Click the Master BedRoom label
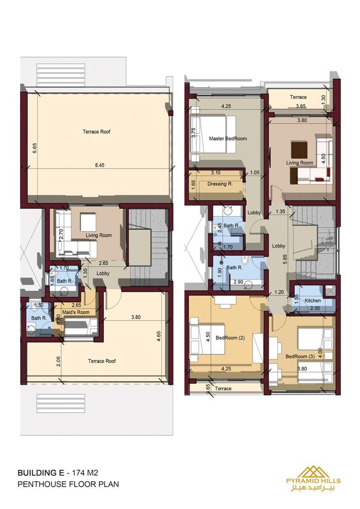pos(228,139)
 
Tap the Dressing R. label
pos(220,184)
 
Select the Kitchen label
pos(313,301)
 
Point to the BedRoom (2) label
pos(230,338)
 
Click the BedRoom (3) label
pos(300,356)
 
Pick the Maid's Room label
pos(76,312)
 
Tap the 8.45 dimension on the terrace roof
pos(99,165)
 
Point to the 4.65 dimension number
pos(159,336)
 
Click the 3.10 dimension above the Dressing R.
pos(215,172)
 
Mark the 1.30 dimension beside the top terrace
pos(323,99)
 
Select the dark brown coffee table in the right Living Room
pos(299,149)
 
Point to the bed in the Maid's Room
pos(81,327)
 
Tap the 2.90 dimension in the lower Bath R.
pos(238,282)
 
